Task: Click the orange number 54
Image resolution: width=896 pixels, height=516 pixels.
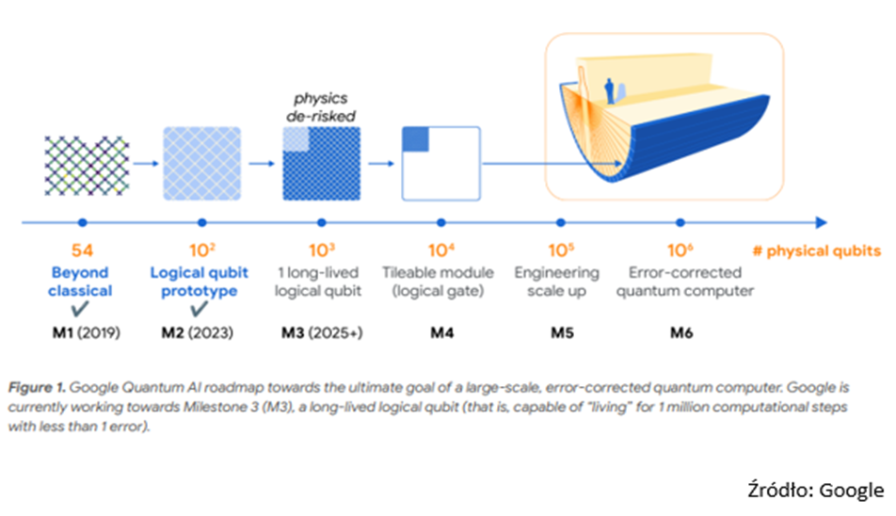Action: tap(81, 250)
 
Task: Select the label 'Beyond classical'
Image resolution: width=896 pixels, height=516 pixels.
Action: tap(81, 281)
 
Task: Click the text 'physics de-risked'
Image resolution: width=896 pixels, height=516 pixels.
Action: tap(322, 106)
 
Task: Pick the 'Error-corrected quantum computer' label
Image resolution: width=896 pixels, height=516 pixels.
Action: tap(680, 281)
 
